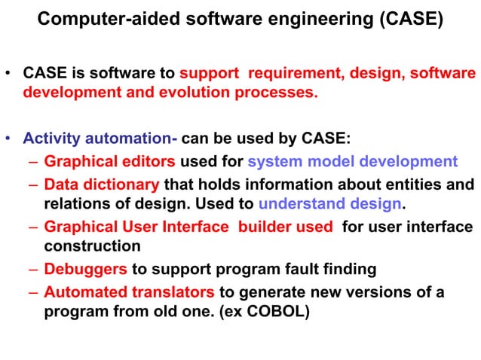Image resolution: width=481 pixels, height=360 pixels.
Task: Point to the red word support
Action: point(210,75)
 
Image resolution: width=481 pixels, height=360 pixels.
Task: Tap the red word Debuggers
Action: point(85,269)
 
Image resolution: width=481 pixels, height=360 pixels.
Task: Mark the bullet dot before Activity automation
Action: point(8,139)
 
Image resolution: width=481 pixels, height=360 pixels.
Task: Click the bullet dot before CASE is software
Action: point(8,75)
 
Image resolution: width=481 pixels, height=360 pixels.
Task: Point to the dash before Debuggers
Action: point(35,269)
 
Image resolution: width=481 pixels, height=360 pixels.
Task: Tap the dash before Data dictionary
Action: point(35,184)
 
